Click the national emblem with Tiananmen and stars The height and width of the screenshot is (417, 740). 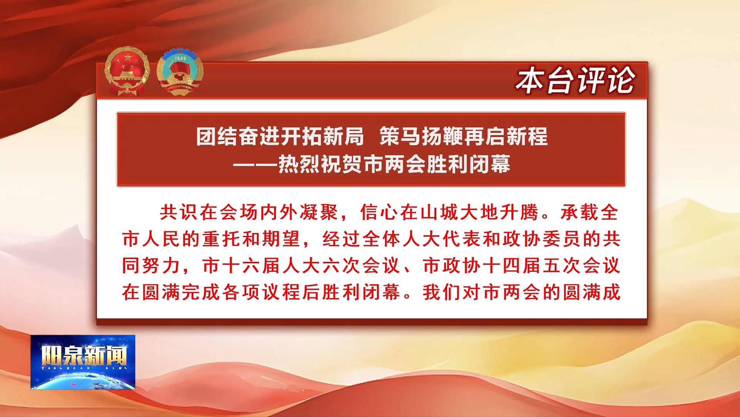tap(127, 71)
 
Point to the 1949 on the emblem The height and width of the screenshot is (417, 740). tap(180, 58)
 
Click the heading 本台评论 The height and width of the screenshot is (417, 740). tap(575, 80)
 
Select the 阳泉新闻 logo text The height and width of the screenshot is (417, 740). tap(84, 355)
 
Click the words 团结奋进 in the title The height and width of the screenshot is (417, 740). tap(238, 136)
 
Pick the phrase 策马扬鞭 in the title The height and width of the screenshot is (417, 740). tap(421, 136)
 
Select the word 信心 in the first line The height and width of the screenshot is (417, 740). tap(380, 212)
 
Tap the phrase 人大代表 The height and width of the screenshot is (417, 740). tap(442, 239)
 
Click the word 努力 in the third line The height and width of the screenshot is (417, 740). tap(161, 266)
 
